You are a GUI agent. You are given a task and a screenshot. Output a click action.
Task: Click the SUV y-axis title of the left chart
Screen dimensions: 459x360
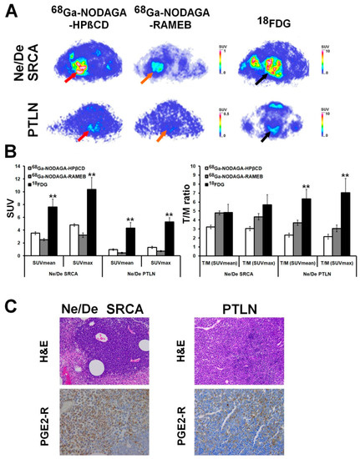coord(9,204)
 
